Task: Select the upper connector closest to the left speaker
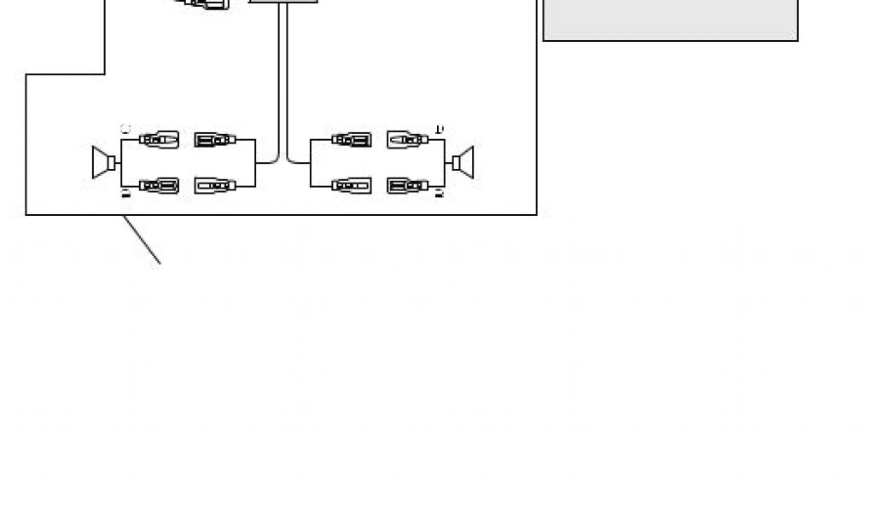(159, 139)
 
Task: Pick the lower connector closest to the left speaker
(159, 185)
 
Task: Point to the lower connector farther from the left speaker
(215, 185)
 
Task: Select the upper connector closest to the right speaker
(407, 139)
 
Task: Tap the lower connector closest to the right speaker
(407, 185)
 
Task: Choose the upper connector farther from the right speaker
(352, 139)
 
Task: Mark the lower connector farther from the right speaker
(352, 185)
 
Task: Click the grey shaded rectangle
(670, 20)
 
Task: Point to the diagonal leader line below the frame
(142, 240)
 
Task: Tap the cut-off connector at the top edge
(205, 4)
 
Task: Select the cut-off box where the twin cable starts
(283, 2)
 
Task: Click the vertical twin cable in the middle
(283, 77)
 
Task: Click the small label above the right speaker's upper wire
(439, 130)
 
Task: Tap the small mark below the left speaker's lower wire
(125, 195)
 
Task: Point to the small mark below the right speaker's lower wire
(440, 195)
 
